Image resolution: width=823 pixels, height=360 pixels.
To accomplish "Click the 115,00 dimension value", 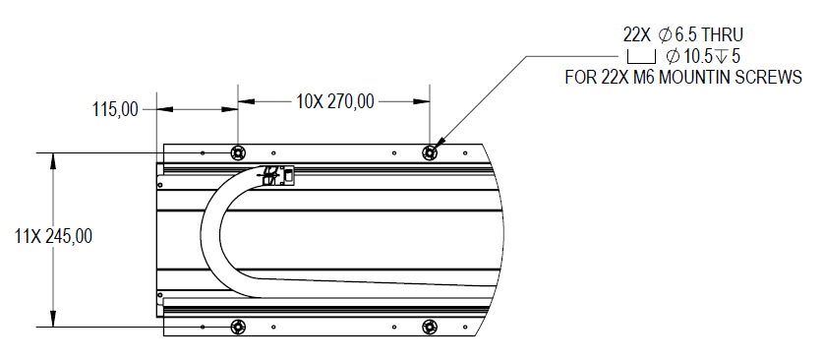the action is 115,110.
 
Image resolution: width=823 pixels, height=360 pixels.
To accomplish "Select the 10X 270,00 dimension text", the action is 335,102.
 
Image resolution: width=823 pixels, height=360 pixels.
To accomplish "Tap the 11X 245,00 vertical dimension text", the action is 53,237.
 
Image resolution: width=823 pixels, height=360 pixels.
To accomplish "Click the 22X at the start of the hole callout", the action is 637,35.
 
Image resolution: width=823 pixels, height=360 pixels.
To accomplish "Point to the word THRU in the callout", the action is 723,35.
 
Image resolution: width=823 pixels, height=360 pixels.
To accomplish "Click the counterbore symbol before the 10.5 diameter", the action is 641,57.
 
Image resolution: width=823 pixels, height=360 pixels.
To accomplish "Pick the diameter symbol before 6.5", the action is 665,35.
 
